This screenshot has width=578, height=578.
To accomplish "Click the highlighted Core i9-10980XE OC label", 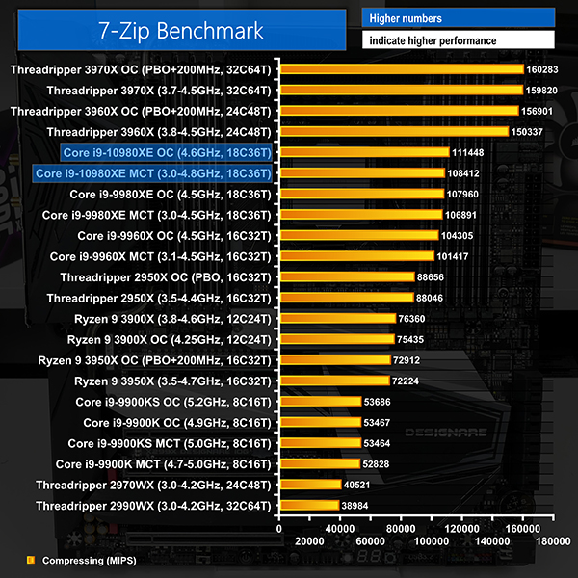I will [166, 152].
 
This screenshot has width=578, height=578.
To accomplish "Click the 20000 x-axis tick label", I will [309, 542].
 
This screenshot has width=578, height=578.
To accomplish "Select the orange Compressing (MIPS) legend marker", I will [30, 559].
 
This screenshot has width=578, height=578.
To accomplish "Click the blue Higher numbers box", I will [458, 18].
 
